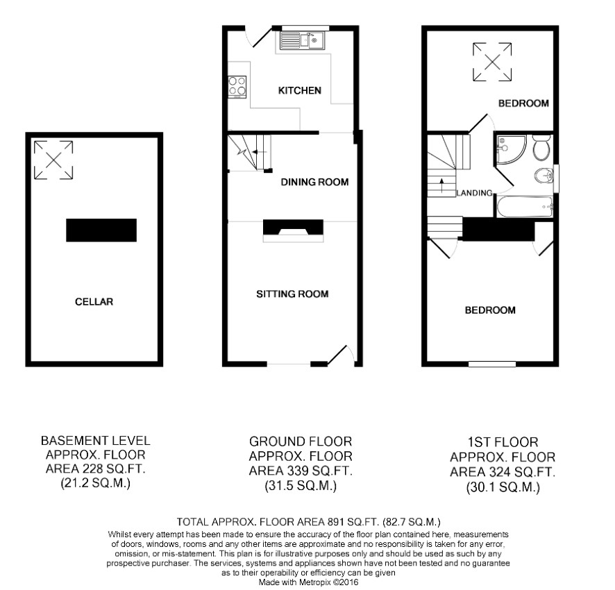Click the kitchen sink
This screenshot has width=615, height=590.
(x=302, y=40)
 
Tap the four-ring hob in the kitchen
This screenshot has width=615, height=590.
(x=237, y=87)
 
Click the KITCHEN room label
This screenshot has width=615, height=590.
(x=300, y=91)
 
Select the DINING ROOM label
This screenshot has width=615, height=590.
(x=314, y=182)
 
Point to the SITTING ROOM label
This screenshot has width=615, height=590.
(x=292, y=294)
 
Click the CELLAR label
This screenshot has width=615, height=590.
(x=94, y=302)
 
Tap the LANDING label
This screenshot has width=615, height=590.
(x=474, y=193)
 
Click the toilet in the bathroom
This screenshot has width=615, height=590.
(x=542, y=147)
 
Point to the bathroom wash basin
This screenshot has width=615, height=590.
(x=544, y=176)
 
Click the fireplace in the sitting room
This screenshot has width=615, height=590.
(x=293, y=230)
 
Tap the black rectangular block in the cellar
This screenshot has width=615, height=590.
(x=101, y=230)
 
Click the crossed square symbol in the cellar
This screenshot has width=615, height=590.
(x=53, y=160)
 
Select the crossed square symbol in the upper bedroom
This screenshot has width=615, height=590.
(x=492, y=62)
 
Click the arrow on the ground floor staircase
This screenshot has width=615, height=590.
(x=259, y=152)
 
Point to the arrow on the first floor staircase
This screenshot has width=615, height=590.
(x=442, y=186)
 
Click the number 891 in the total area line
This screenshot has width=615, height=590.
(x=336, y=522)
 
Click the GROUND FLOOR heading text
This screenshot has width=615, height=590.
(x=301, y=441)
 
